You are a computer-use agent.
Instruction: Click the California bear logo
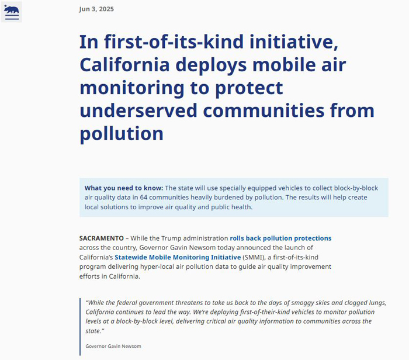(x=12, y=12)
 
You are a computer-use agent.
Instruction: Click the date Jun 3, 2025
(x=96, y=9)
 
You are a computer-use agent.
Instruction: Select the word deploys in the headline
(x=211, y=65)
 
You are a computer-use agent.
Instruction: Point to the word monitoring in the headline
(x=132, y=88)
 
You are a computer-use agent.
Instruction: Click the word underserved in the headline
(x=138, y=110)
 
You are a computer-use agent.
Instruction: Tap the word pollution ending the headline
(x=122, y=134)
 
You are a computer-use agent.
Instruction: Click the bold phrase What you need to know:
(x=124, y=188)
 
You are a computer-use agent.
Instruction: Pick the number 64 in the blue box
(x=144, y=198)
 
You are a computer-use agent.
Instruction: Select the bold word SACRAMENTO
(x=102, y=238)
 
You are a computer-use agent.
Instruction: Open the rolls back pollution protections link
(x=280, y=238)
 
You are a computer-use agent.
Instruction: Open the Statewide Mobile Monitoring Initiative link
(x=178, y=257)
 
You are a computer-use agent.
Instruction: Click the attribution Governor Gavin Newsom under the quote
(x=113, y=346)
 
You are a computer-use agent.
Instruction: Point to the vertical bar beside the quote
(x=80, y=327)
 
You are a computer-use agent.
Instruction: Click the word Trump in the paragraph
(x=170, y=238)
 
